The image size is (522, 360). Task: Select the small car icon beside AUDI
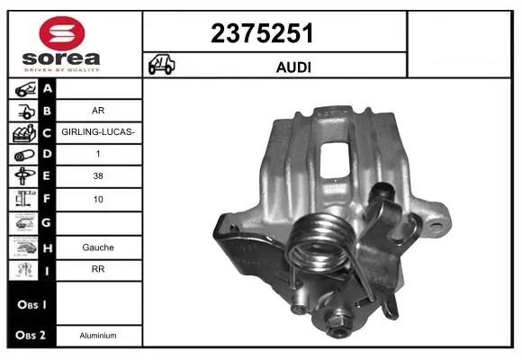(x=161, y=65)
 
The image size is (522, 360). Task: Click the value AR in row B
(x=99, y=111)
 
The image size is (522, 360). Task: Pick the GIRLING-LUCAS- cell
(x=99, y=132)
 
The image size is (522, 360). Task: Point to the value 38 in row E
(x=99, y=177)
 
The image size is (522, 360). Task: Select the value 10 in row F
(x=99, y=200)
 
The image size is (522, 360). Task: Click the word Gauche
(x=99, y=246)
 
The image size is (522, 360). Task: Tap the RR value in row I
(x=99, y=268)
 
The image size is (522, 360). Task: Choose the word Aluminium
(x=99, y=335)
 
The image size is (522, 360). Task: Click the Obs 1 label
(x=29, y=303)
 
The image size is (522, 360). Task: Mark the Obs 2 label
(x=29, y=335)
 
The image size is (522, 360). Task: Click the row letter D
(x=48, y=155)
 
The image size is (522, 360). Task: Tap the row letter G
(x=48, y=222)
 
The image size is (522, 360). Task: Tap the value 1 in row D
(x=99, y=155)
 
